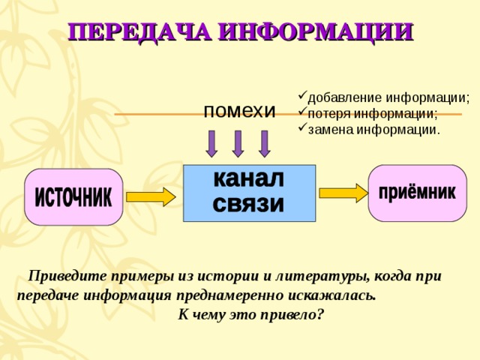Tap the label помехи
(x=239, y=110)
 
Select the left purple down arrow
(x=211, y=143)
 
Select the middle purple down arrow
(x=238, y=143)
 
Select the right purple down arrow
(x=264, y=143)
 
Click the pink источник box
(x=73, y=196)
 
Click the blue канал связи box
(x=249, y=192)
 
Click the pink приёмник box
(x=417, y=193)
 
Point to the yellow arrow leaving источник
(x=150, y=197)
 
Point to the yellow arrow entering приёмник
(x=343, y=193)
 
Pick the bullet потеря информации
(x=372, y=113)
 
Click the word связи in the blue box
(x=249, y=204)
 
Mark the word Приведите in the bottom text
(x=64, y=276)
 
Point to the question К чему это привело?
(x=250, y=314)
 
